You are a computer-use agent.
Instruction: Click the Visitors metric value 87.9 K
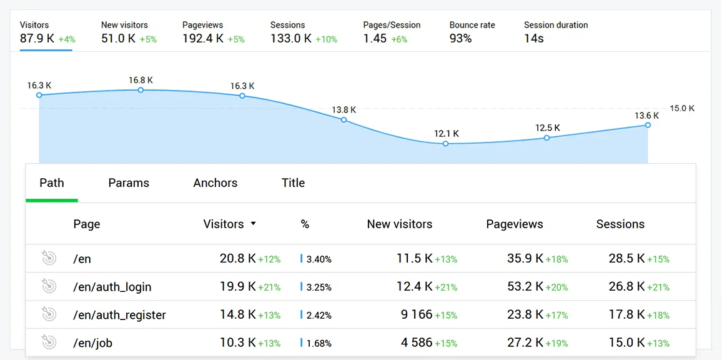click(37, 39)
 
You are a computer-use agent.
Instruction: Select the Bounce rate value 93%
click(460, 39)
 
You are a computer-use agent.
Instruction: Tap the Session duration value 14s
click(533, 39)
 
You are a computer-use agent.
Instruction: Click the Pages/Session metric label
click(392, 25)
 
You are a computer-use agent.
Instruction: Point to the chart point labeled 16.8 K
click(141, 90)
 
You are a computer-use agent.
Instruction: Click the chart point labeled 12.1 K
click(445, 144)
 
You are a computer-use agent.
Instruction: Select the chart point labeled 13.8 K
click(344, 119)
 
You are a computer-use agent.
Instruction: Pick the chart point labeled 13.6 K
click(648, 125)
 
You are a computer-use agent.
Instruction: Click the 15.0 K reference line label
click(682, 109)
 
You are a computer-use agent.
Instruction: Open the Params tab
click(129, 183)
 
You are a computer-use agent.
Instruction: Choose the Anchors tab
click(215, 183)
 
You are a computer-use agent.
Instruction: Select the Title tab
click(293, 183)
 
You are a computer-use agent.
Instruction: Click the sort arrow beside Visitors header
click(253, 224)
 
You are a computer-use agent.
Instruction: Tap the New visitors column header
click(400, 224)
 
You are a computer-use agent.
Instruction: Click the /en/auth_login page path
click(112, 287)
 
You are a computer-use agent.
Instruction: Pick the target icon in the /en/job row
click(49, 342)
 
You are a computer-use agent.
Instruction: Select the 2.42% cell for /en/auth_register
click(319, 315)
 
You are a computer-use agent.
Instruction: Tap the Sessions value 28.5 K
click(626, 258)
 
